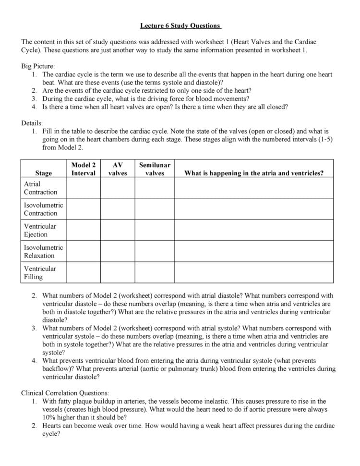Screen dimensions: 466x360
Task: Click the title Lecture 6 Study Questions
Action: [x=180, y=25]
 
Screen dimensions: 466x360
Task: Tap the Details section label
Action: [x=32, y=123]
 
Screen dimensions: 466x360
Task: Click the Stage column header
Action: [x=44, y=173]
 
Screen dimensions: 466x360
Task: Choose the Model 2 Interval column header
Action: [x=84, y=169]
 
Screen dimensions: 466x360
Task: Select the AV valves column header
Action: [x=118, y=169]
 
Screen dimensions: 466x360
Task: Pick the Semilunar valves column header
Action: [x=155, y=169]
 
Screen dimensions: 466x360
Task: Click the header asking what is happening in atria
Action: [x=254, y=173]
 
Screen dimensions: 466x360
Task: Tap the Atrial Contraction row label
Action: [x=40, y=188]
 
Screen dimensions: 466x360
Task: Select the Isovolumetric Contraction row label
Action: [x=43, y=209]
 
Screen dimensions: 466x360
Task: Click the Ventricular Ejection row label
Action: [x=40, y=230]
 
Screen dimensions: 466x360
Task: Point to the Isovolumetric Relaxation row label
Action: [x=43, y=251]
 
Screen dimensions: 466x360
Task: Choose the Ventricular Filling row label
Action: [x=40, y=272]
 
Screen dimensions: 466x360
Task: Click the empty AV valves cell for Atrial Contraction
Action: [x=118, y=188]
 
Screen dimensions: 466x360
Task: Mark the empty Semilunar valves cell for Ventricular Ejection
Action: [x=155, y=230]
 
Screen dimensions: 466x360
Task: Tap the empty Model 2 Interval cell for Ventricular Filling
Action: [x=84, y=272]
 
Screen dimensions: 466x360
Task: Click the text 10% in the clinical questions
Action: [x=49, y=417]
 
